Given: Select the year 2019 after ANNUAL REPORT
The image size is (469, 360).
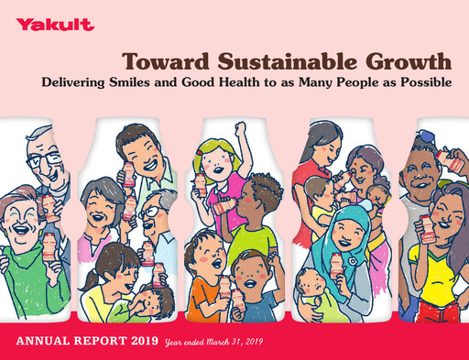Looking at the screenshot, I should click(x=142, y=341).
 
